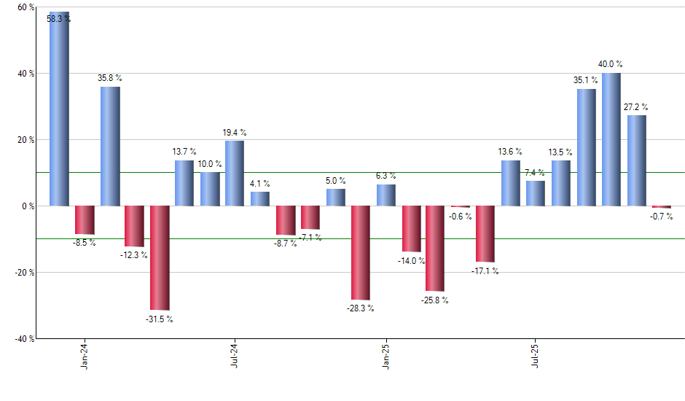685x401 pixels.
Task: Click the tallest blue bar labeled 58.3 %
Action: (x=59, y=109)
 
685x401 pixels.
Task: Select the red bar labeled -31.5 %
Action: (x=160, y=258)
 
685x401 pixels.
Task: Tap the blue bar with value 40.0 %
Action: (x=611, y=139)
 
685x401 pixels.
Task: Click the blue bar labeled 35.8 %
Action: (x=110, y=146)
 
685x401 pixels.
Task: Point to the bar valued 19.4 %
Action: (x=235, y=174)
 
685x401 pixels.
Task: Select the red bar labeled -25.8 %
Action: (x=435, y=249)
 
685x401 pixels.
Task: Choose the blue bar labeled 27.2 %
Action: (x=636, y=160)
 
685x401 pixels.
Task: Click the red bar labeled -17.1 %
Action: (x=485, y=234)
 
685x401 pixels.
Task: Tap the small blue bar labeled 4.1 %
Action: (x=260, y=199)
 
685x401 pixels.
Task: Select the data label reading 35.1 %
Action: (x=587, y=80)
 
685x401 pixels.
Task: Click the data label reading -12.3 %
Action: (x=135, y=255)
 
